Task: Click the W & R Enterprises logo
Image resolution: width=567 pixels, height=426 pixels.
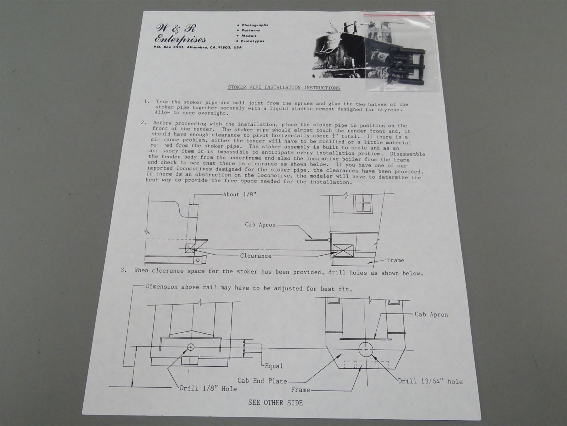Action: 181,34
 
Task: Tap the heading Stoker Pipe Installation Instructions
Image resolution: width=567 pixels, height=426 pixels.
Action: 283,87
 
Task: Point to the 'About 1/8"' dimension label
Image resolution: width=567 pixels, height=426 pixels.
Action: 240,195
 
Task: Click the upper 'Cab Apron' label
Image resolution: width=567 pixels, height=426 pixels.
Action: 260,224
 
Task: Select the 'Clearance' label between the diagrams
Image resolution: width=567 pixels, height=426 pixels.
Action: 256,256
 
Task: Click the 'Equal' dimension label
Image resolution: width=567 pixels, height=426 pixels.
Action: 274,366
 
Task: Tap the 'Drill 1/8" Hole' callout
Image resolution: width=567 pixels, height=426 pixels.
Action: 208,388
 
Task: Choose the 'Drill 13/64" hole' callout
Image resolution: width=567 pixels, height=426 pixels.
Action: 430,381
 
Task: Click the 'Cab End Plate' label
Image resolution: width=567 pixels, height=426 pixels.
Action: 262,381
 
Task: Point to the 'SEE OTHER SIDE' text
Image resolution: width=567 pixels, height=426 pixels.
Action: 275,403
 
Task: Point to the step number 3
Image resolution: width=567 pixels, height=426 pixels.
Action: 123,270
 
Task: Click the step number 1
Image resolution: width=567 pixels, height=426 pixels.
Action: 147,102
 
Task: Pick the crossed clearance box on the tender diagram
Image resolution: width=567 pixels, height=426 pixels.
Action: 190,248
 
